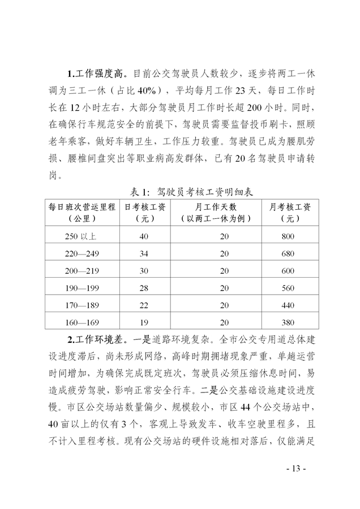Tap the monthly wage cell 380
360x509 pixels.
click(289, 323)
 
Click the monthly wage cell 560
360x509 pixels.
click(289, 288)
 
